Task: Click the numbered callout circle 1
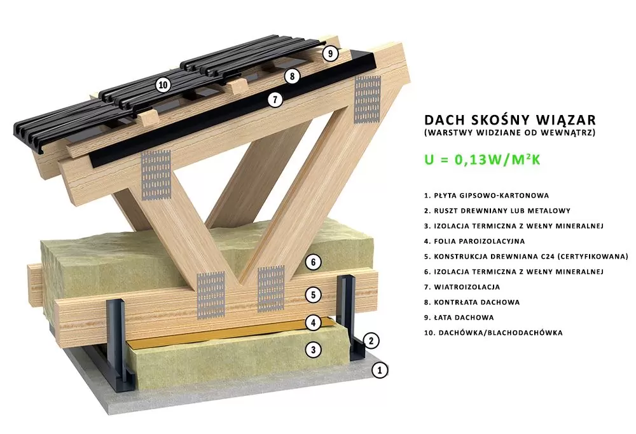(380, 370)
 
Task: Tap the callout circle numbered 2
(371, 341)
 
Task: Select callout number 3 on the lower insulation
(313, 349)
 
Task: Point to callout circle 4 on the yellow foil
(313, 323)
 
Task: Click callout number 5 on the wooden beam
(313, 295)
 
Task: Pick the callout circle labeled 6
(313, 262)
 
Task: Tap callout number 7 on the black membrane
(275, 100)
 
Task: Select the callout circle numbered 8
(292, 76)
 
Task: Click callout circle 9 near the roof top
(331, 53)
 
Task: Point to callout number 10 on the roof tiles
(163, 85)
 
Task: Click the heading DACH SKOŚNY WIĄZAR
(510, 119)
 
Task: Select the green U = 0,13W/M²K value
(482, 159)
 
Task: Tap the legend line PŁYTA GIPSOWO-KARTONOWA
(487, 195)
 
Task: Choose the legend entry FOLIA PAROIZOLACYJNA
(474, 241)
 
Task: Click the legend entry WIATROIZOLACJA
(462, 287)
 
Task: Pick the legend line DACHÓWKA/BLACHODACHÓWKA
(494, 333)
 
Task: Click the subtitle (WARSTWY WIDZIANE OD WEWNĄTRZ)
(510, 133)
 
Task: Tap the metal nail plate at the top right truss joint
(368, 99)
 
